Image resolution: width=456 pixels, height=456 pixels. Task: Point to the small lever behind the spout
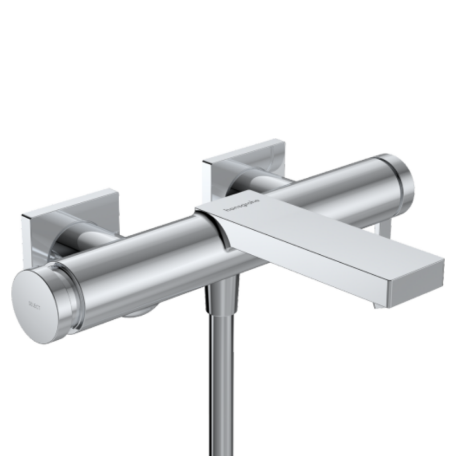(x=385, y=228)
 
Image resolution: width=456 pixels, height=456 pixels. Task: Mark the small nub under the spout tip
(x=378, y=306)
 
